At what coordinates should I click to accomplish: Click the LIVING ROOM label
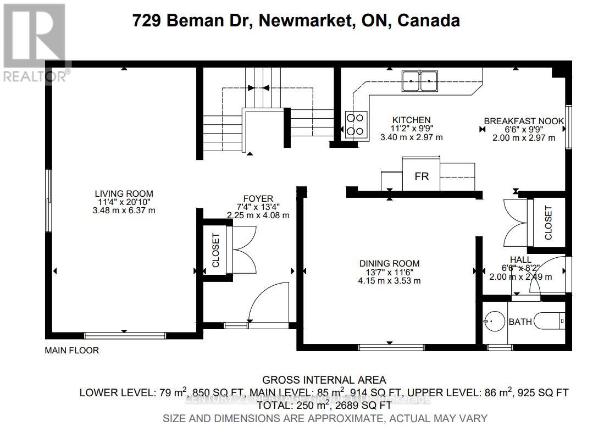coord(124,193)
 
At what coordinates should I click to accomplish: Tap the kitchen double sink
coord(419,81)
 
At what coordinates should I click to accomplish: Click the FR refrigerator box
coord(421,176)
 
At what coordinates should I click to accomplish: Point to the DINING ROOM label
coord(389,263)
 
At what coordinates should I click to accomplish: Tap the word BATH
coord(520,322)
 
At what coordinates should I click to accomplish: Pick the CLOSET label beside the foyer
coord(215,250)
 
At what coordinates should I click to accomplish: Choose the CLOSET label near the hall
coord(548,223)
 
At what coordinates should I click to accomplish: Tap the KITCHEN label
coord(411,120)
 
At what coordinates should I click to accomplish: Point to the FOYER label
coord(258,199)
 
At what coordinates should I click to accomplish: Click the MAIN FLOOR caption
coord(72,350)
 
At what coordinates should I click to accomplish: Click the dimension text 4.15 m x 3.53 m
coord(389,281)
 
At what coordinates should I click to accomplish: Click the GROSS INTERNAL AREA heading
coord(324,380)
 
